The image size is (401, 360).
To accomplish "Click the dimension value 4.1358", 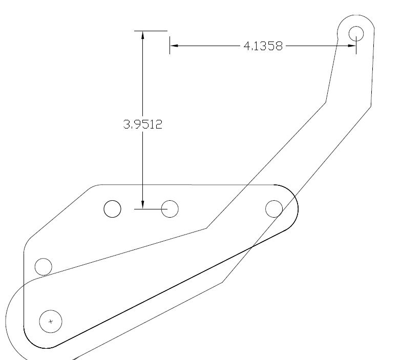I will [x=263, y=46].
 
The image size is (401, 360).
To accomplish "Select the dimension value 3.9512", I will [x=143, y=124].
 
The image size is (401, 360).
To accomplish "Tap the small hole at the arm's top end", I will [x=356, y=33].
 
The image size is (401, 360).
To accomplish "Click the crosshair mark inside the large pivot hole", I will [x=50, y=322].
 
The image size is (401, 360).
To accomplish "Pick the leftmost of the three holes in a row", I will [x=112, y=209].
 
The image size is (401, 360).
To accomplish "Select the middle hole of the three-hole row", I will [x=170, y=208].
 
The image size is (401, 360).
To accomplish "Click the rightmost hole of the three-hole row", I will [x=274, y=208].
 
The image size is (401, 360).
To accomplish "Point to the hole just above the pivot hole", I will [x=43, y=267].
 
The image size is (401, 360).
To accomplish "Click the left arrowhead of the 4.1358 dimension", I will [x=174, y=46].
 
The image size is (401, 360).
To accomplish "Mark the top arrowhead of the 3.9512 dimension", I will [x=143, y=35].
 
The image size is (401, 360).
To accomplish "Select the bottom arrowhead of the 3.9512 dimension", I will [x=143, y=204].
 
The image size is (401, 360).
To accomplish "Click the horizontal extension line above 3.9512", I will [x=151, y=31].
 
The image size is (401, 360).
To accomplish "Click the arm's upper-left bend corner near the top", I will [x=326, y=102].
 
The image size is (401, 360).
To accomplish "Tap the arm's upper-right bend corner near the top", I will [x=371, y=107].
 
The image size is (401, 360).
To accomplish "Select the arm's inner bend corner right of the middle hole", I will [x=206, y=228].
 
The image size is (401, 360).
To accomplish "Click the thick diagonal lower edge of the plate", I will [x=169, y=289].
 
